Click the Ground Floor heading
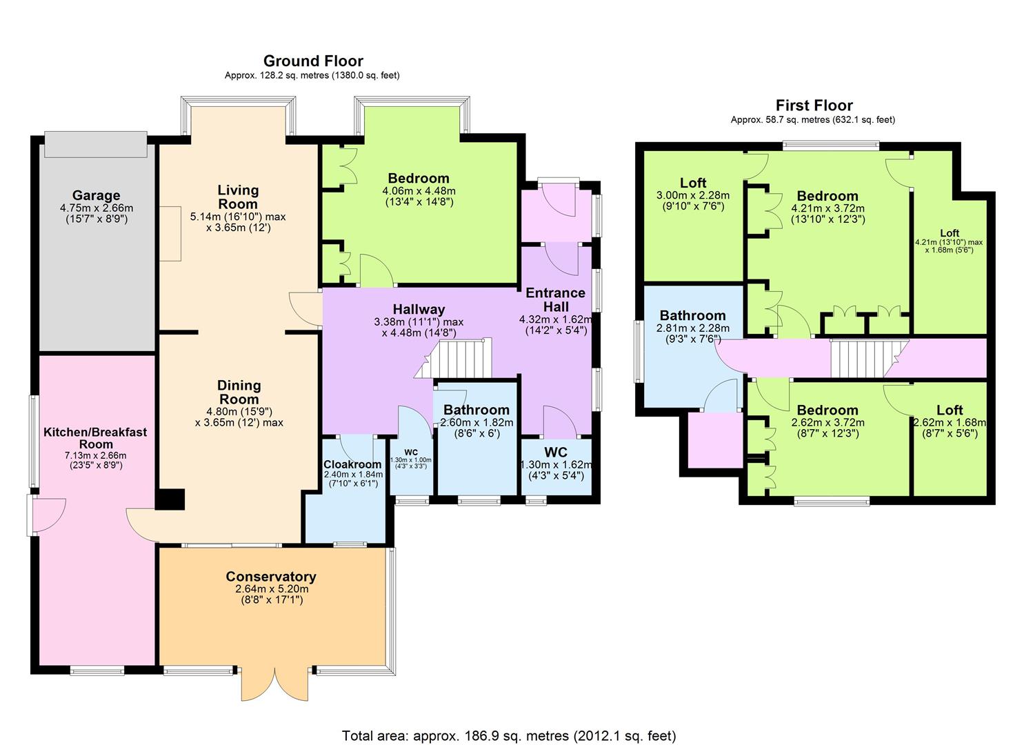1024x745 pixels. coord(313,61)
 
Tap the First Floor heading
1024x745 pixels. coord(814,106)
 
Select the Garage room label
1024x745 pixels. coord(96,195)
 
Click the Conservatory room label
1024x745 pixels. coord(271,576)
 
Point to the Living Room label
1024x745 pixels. coord(238,197)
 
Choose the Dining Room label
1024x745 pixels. coord(239,392)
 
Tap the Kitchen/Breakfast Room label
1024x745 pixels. coord(95,437)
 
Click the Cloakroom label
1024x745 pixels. coord(352,464)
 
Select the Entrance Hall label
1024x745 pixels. coord(555,299)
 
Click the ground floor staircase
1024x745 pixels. coord(452,359)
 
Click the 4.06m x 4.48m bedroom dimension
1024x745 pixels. coord(419,190)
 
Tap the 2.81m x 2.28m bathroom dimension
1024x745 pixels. coord(692,328)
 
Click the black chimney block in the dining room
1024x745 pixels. coord(170,499)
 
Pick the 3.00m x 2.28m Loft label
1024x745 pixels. coord(693,183)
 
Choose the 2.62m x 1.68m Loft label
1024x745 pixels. coord(950,410)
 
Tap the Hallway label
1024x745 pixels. coord(419,309)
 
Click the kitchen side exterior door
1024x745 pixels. coord(47,515)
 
